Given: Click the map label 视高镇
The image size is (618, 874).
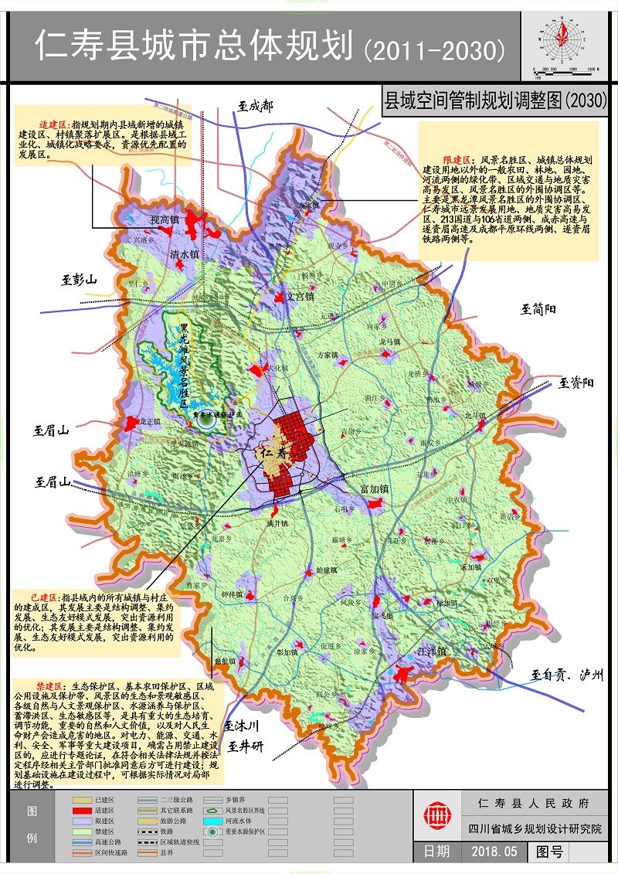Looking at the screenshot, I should click(x=165, y=221).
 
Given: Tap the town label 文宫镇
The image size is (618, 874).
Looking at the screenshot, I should click(x=301, y=296).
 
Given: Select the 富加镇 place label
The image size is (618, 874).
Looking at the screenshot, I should click(x=376, y=490).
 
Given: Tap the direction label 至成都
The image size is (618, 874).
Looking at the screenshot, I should click(x=255, y=106).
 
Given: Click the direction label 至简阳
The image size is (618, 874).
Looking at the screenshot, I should click(x=538, y=310).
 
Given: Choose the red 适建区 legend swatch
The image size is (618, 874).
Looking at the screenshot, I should click(x=82, y=810).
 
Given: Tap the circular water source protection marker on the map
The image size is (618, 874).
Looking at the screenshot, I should click(x=205, y=421).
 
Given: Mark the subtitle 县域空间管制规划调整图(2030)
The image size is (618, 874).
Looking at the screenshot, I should click(x=494, y=100).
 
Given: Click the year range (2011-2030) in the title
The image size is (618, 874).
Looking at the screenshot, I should click(x=434, y=50).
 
